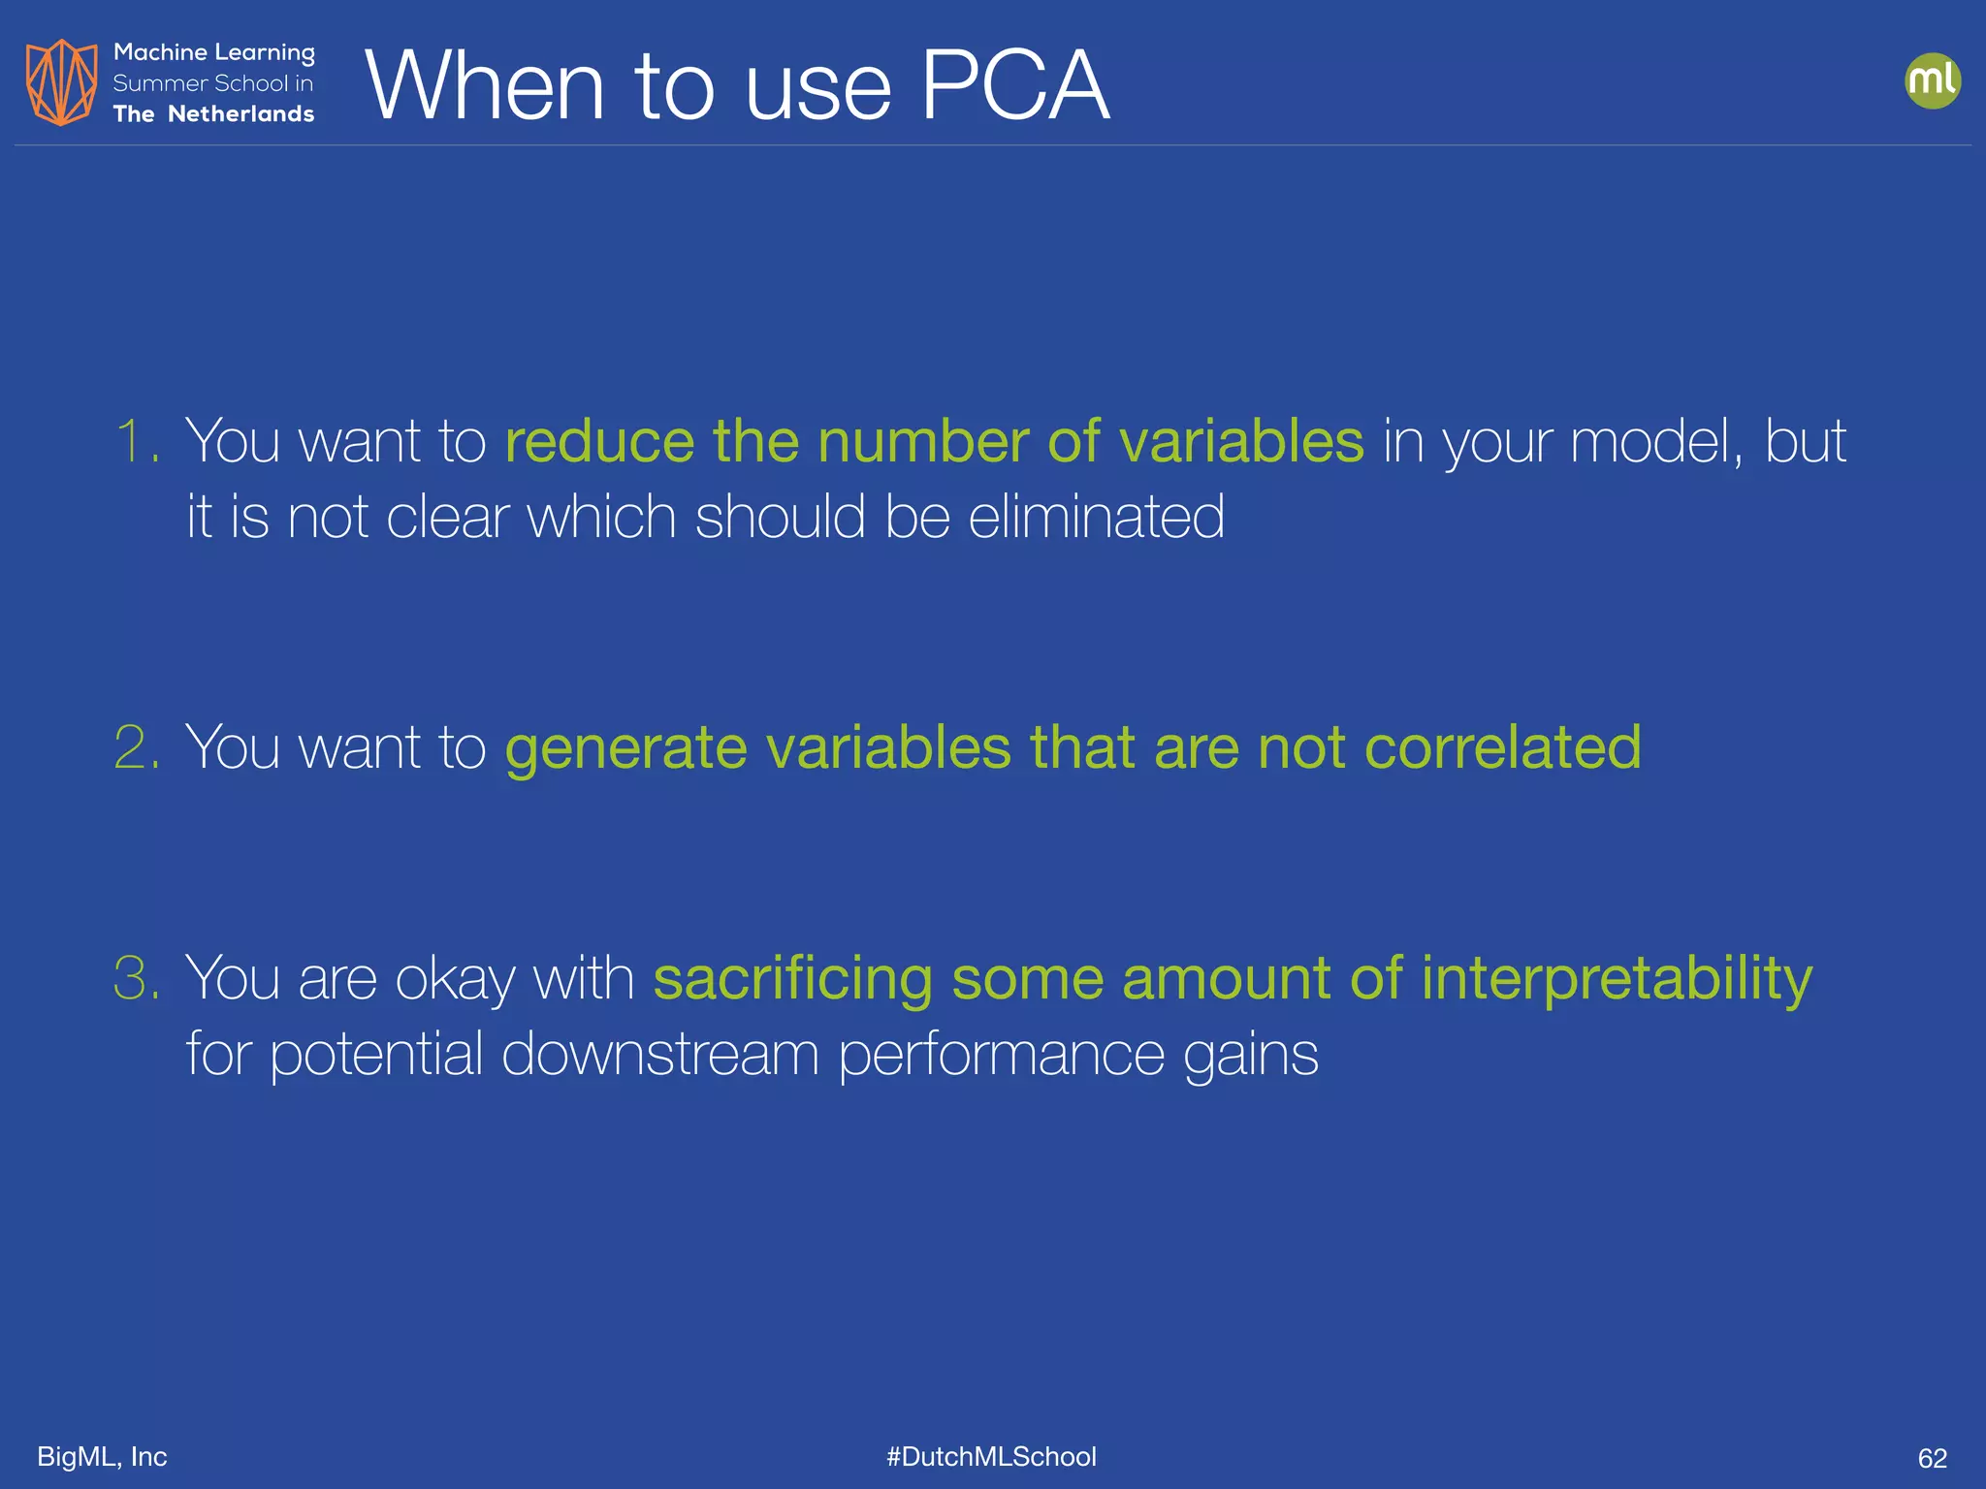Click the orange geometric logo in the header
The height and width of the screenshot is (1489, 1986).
[x=61, y=82]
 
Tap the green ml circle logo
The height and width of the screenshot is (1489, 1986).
[x=1932, y=80]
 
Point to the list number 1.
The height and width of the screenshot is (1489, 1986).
[x=135, y=441]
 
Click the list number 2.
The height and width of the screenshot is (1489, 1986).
[x=136, y=747]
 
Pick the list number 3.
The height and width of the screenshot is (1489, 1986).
[x=136, y=977]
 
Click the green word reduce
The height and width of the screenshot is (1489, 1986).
[x=599, y=442]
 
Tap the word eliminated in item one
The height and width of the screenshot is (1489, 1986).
[x=1096, y=516]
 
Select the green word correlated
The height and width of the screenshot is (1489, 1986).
[x=1502, y=747]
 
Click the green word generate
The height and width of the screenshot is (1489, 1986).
[x=625, y=749]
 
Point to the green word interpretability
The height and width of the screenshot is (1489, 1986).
[x=1617, y=979]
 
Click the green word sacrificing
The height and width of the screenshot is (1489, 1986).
[x=792, y=979]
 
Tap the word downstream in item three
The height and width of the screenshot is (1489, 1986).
[x=660, y=1054]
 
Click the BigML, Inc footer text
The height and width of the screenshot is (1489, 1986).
[x=102, y=1456]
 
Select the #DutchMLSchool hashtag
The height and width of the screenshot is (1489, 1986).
[x=991, y=1456]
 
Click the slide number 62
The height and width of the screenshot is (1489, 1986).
[x=1932, y=1458]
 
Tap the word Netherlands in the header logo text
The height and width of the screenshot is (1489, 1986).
[x=240, y=114]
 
